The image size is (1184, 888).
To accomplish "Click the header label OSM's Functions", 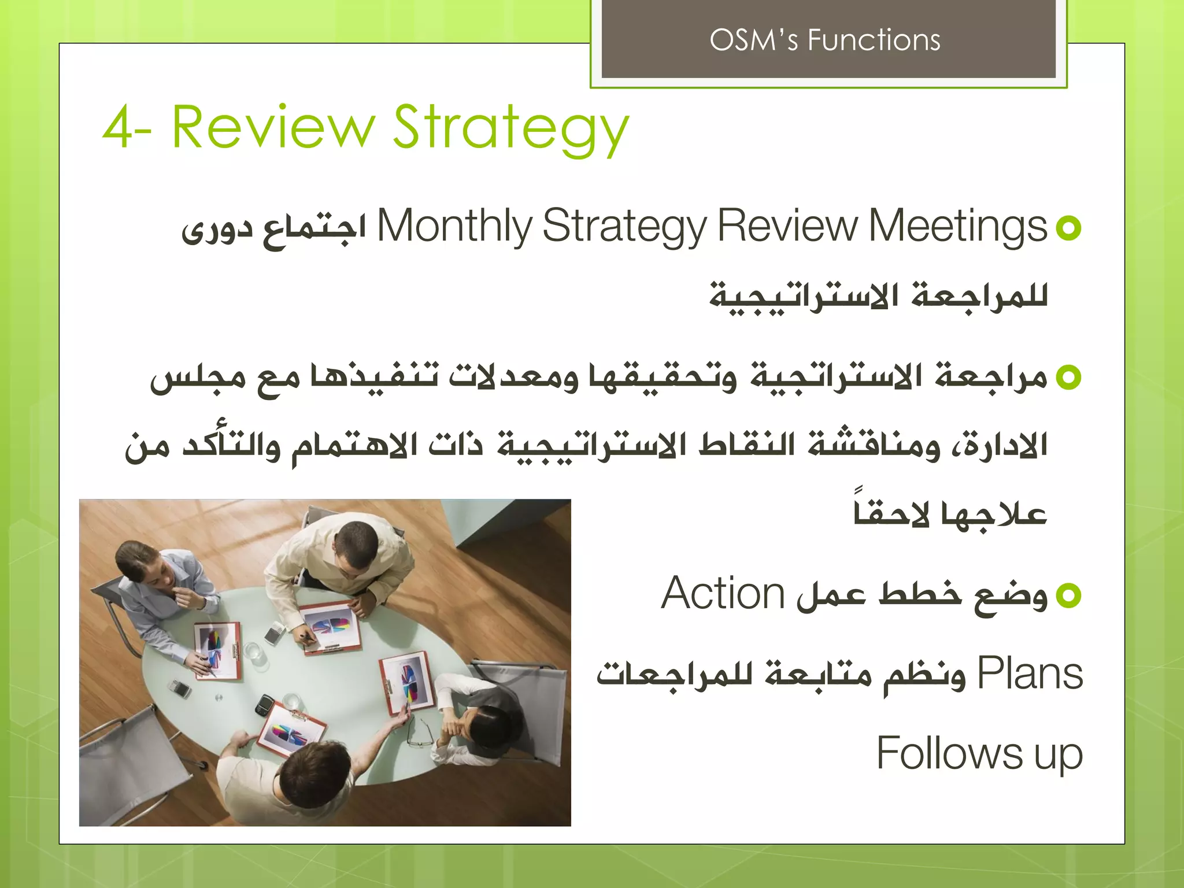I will coord(824,40).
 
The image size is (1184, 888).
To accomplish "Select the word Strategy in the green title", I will coord(511,129).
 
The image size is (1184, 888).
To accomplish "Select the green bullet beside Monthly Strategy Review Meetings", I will coord(1068,228).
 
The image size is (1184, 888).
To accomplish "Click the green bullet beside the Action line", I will coord(1068,595).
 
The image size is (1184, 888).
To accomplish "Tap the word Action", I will coord(723,594).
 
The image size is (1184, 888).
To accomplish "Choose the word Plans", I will coord(1030,674).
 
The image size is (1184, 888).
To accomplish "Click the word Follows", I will coord(949,753).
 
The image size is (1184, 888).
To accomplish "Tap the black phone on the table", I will coord(265,704).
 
